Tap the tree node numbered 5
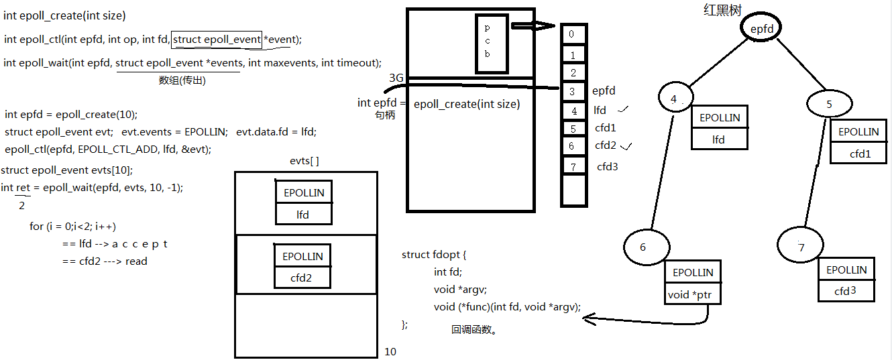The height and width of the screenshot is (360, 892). coord(829,104)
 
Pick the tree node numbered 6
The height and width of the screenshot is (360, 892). coord(643,247)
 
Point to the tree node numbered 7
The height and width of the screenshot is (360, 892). coord(801,247)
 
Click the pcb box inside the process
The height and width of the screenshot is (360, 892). coord(488,43)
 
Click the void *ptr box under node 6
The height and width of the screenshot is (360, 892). coord(693,295)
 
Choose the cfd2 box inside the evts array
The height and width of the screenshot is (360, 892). coord(302,277)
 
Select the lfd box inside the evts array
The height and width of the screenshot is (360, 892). coord(303,215)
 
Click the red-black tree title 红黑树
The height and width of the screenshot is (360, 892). coord(722,10)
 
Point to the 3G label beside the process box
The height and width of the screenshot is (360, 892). coord(396,78)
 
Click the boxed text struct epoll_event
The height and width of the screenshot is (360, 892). coord(217,40)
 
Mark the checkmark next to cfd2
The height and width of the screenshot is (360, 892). coord(628,145)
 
